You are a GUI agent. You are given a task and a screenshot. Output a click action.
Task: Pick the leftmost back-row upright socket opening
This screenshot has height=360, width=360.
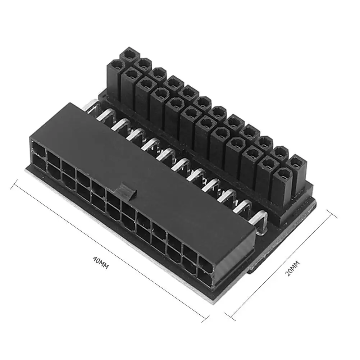pos(128,55)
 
